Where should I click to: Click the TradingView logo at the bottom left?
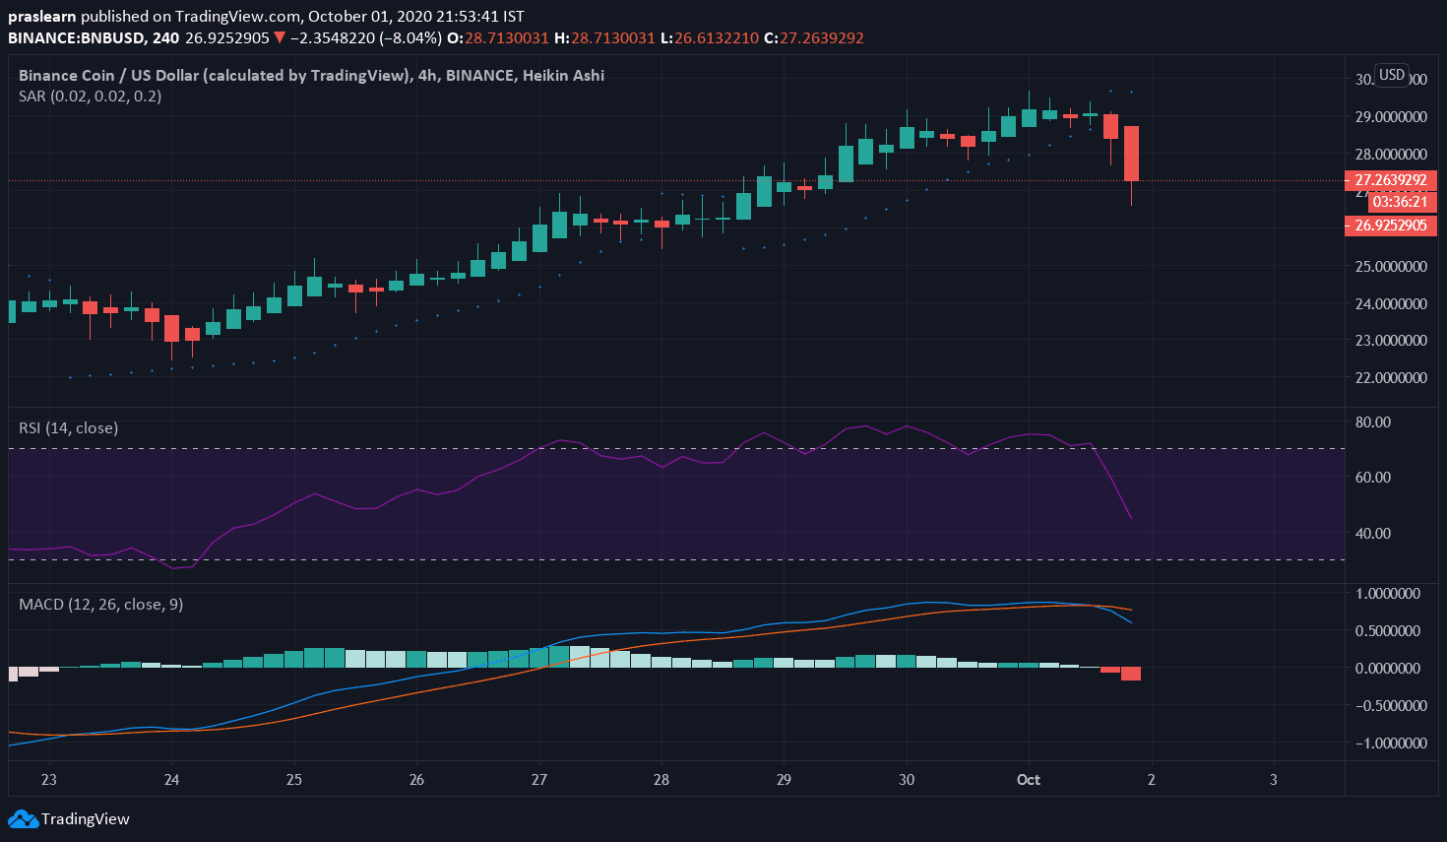69,818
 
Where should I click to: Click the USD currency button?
1392,75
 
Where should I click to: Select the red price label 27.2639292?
1390,180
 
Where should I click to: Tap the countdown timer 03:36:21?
1399,202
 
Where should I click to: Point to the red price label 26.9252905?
1390,226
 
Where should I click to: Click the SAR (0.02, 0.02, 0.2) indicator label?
90,97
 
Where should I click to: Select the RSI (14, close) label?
69,428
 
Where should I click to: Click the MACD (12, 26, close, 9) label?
100,605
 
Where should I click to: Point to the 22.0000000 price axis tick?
1390,378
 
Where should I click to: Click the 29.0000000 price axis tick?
1390,117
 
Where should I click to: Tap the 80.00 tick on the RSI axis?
1373,422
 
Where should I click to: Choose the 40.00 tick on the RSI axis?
1373,534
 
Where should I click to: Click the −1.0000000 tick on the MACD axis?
1388,744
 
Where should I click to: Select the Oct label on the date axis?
1029,780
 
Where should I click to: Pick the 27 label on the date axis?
538,780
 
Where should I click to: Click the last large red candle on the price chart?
1132,153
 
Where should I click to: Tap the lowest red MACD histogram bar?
1131,674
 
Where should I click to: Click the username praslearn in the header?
42,17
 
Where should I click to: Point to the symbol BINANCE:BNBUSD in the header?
77,38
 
